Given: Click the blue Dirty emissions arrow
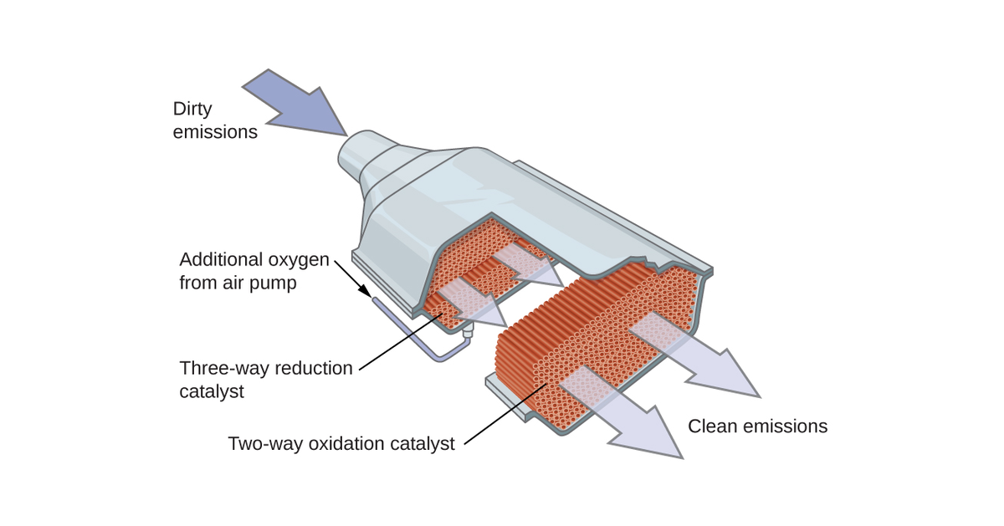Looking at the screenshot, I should pyautogui.click(x=297, y=103).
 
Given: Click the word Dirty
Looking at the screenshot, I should pyautogui.click(x=192, y=109).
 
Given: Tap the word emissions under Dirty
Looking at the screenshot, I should pyautogui.click(x=215, y=132).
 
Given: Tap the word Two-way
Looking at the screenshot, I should pyautogui.click(x=254, y=443).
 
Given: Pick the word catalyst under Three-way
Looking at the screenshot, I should pyautogui.click(x=212, y=391).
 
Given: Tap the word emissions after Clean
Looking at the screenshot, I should pyautogui.click(x=786, y=426).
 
